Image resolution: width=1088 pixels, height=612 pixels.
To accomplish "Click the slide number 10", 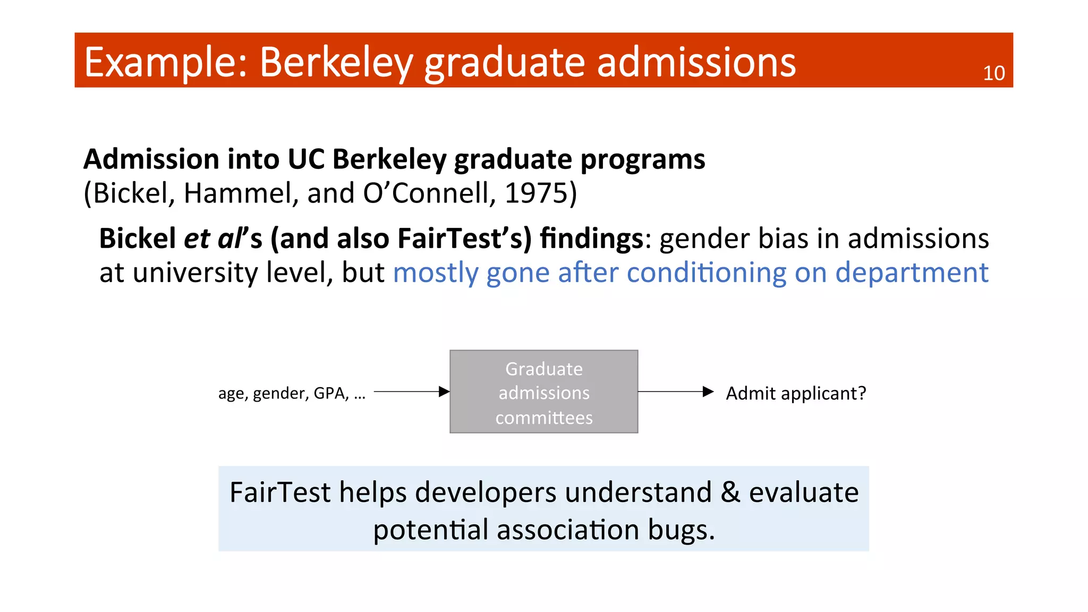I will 993,73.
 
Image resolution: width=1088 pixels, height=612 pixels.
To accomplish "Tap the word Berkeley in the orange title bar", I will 336,63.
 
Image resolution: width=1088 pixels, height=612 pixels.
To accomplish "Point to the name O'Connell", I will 429,193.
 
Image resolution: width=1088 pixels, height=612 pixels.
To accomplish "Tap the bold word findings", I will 591,239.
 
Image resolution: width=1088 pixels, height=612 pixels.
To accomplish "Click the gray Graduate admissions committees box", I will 543,392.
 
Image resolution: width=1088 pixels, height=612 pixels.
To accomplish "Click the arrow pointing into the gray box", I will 411,392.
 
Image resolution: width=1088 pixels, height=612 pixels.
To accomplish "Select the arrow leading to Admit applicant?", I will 675,392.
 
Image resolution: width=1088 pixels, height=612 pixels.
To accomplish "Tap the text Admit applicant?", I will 795,394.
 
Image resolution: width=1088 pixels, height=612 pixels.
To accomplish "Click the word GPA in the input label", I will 330,394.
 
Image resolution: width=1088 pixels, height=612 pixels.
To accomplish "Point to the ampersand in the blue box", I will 730,492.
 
